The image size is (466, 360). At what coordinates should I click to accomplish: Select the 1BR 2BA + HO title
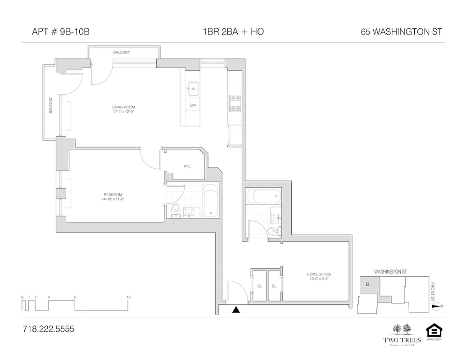[x=233, y=32]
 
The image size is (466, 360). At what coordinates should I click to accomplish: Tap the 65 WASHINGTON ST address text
[x=401, y=32]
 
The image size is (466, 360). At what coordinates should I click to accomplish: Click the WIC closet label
[x=187, y=166]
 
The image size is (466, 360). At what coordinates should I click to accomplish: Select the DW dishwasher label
[x=193, y=105]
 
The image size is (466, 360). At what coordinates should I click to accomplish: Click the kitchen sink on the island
[x=193, y=89]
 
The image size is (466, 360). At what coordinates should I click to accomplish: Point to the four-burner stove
[x=235, y=103]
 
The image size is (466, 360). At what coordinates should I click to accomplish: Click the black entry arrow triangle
[x=236, y=309]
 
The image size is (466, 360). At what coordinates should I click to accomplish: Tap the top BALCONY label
[x=122, y=53]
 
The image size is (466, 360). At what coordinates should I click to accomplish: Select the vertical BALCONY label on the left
[x=50, y=105]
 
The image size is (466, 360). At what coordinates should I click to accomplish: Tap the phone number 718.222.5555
[x=48, y=329]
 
